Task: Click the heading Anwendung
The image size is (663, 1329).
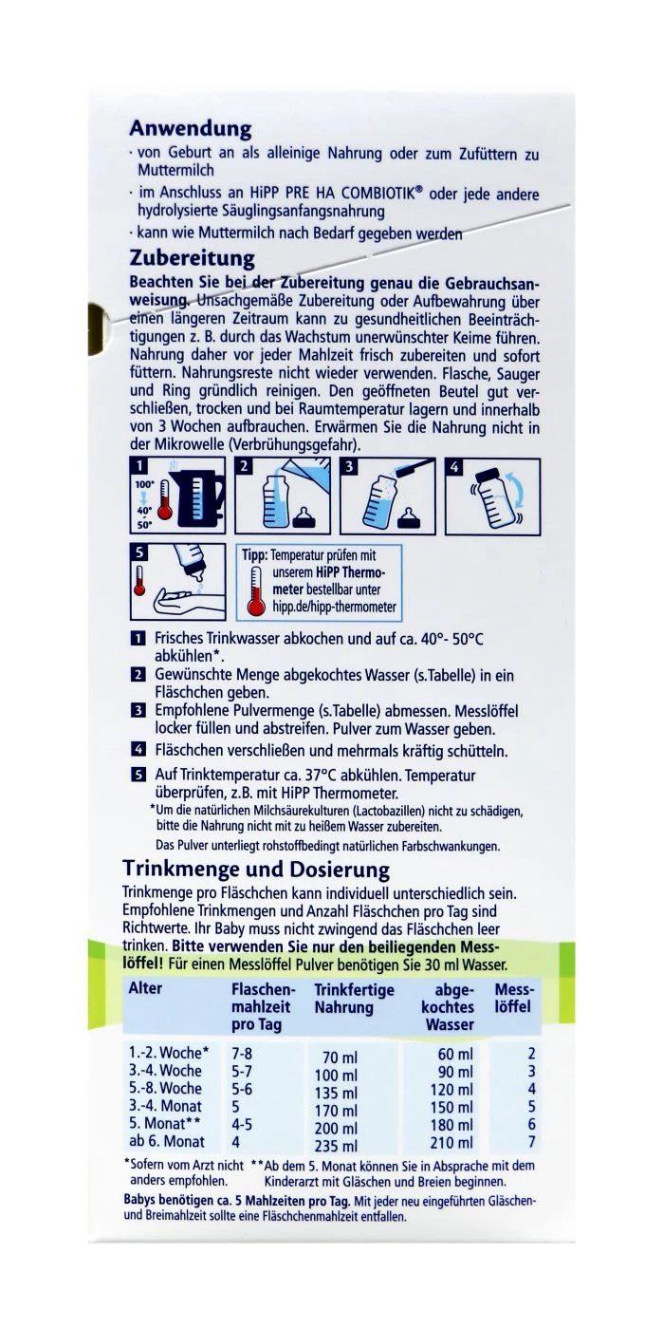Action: (190, 127)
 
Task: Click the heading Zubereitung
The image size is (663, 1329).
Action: (192, 258)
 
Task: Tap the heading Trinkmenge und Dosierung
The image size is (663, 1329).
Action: (256, 869)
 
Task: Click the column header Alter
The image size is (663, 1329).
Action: (145, 988)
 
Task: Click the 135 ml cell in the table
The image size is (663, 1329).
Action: (338, 1093)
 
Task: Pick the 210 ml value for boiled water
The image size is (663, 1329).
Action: (451, 1142)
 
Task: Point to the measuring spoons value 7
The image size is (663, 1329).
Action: (531, 1142)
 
